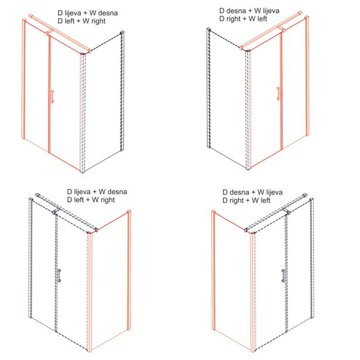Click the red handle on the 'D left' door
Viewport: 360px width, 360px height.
53,97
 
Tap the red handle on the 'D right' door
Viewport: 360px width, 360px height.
279,94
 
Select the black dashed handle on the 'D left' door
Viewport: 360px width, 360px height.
59,275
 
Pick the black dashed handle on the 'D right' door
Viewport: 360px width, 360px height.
283,276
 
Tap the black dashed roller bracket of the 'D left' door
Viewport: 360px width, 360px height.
56,211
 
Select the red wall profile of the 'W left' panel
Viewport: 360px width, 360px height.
214,270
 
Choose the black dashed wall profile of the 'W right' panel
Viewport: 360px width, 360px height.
122,90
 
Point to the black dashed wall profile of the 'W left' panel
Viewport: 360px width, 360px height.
209,88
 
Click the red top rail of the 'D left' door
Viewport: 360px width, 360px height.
60,33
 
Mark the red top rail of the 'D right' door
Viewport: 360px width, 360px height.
271,30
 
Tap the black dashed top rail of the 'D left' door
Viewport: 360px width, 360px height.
67,212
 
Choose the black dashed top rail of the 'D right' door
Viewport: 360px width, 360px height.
276,212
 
